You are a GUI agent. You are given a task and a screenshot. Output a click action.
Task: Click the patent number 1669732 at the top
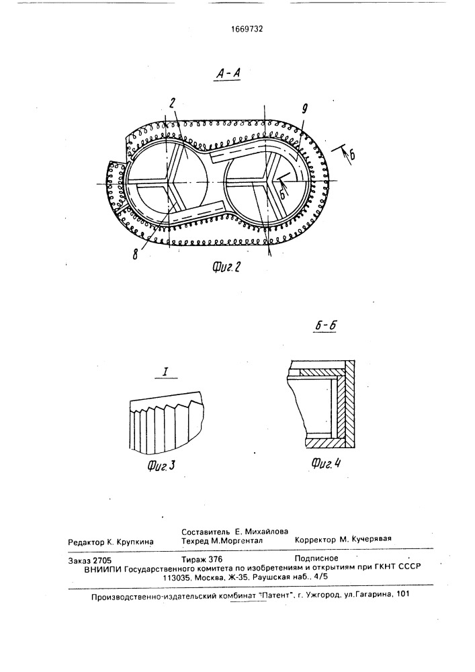click(x=247, y=29)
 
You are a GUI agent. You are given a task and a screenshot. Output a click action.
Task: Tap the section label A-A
click(x=228, y=74)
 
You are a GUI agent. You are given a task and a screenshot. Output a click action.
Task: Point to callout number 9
click(x=304, y=109)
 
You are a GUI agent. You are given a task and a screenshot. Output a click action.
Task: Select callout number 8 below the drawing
click(x=135, y=255)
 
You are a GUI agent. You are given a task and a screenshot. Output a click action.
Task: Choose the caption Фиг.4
click(x=326, y=463)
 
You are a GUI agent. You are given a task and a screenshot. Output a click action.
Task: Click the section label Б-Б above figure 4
click(x=325, y=326)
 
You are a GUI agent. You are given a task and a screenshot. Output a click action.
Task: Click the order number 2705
click(x=102, y=560)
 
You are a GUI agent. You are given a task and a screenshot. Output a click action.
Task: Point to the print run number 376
click(x=215, y=559)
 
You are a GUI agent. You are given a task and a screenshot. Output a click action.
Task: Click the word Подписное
click(x=316, y=558)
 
